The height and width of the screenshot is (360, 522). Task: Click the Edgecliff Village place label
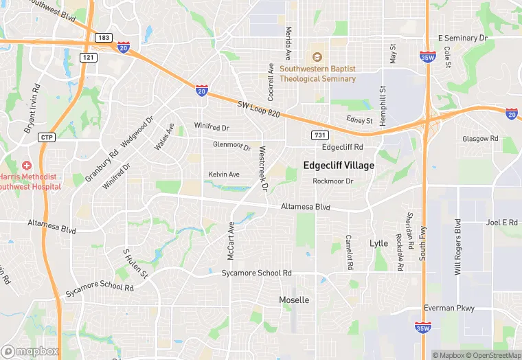click(x=339, y=166)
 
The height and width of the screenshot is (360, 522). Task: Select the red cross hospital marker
click(x=27, y=166)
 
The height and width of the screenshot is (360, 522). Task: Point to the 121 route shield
click(x=88, y=58)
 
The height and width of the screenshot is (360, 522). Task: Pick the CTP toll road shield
click(x=46, y=137)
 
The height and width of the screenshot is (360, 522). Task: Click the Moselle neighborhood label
click(x=294, y=300)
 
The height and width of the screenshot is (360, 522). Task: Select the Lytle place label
click(x=378, y=243)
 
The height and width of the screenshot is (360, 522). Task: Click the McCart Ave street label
click(x=231, y=240)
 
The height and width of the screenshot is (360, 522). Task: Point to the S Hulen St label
click(x=135, y=263)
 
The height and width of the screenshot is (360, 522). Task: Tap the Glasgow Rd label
click(x=480, y=138)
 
